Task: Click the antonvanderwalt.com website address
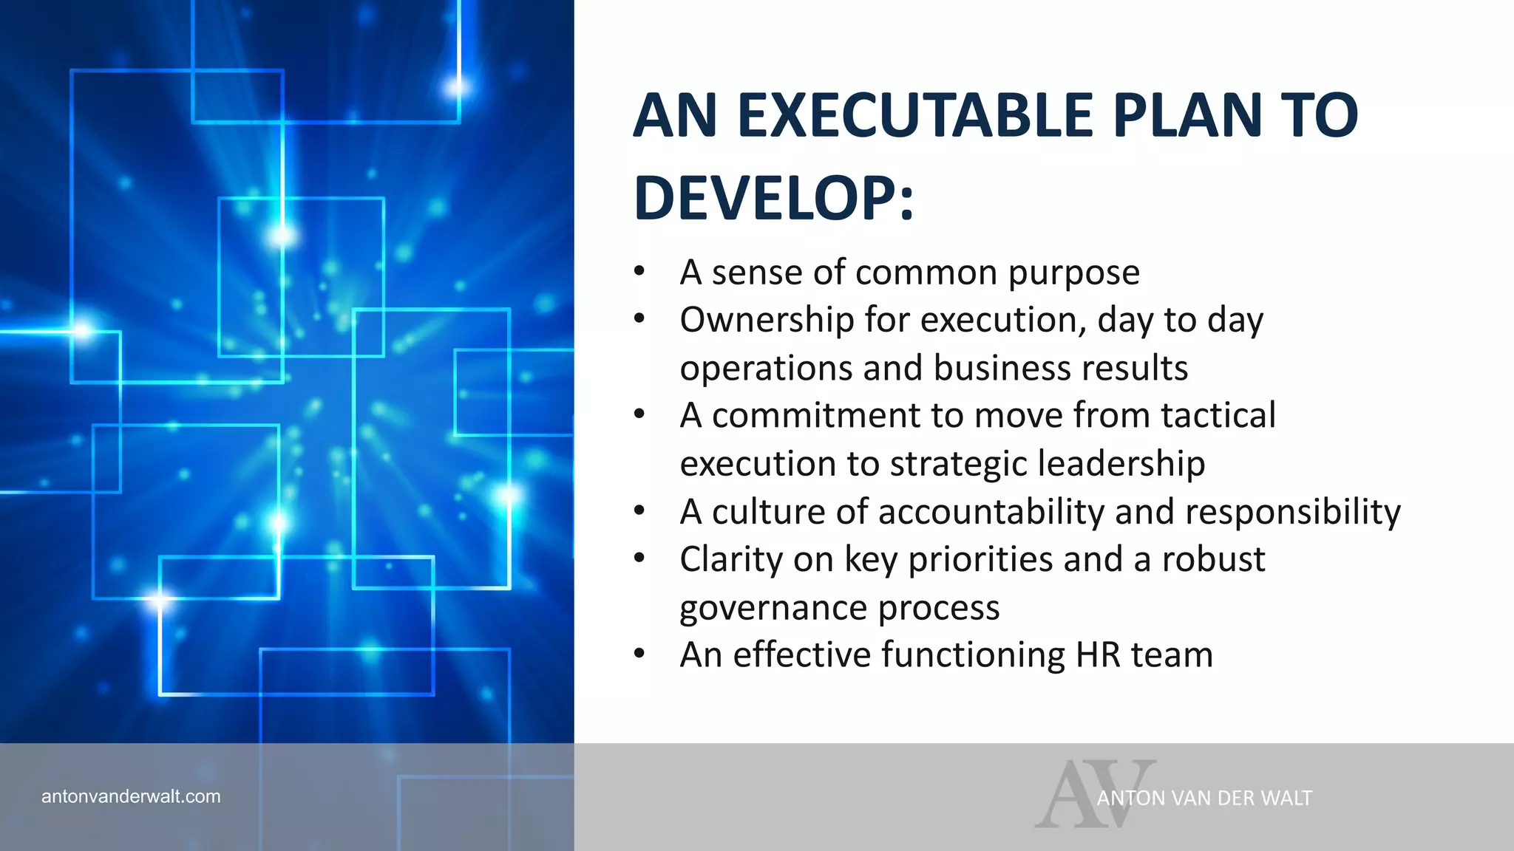click(131, 796)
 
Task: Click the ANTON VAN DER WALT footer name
click(1204, 799)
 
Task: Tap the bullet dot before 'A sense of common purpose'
click(639, 271)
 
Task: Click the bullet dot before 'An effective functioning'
click(639, 654)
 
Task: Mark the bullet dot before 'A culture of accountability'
click(639, 510)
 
